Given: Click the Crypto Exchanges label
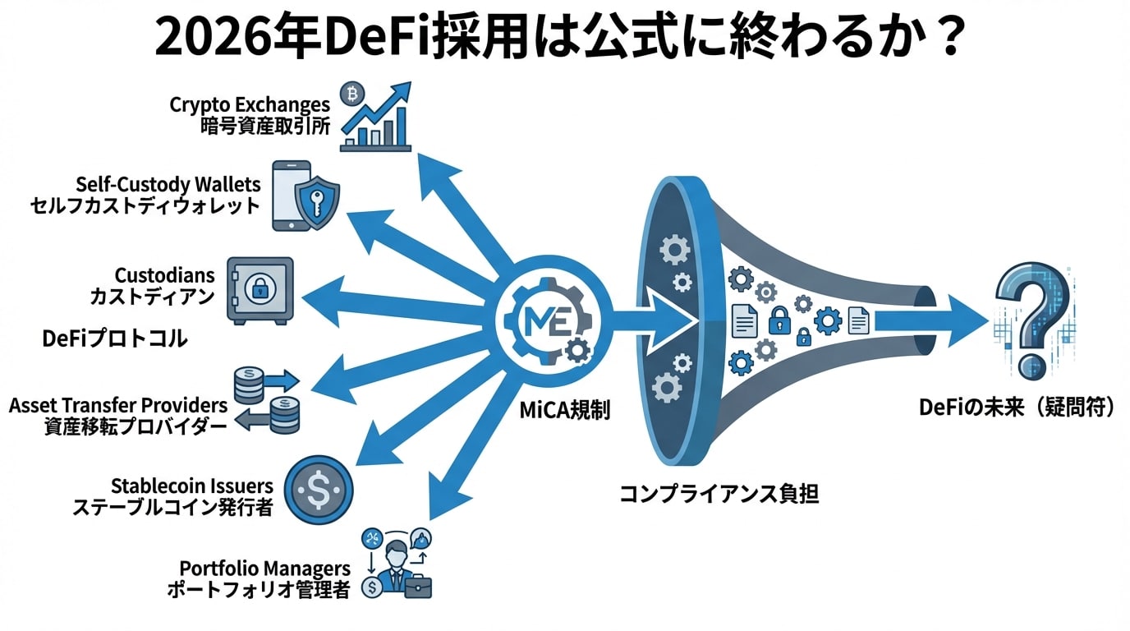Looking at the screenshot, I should click(x=250, y=104).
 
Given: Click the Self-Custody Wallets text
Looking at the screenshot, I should click(x=168, y=183).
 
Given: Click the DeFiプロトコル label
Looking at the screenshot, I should click(x=115, y=338).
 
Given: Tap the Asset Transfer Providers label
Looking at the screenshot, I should click(x=117, y=405).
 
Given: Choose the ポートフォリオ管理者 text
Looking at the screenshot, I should click(x=258, y=589).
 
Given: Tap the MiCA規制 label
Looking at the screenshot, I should click(x=565, y=410).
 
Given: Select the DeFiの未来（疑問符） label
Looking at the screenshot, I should click(x=1017, y=408).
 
